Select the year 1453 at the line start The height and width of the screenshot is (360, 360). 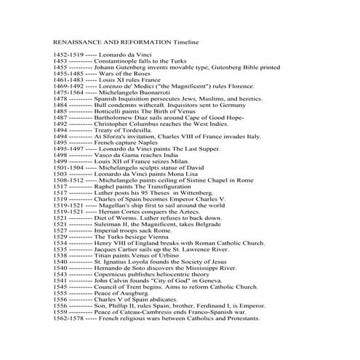coord(62,62)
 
